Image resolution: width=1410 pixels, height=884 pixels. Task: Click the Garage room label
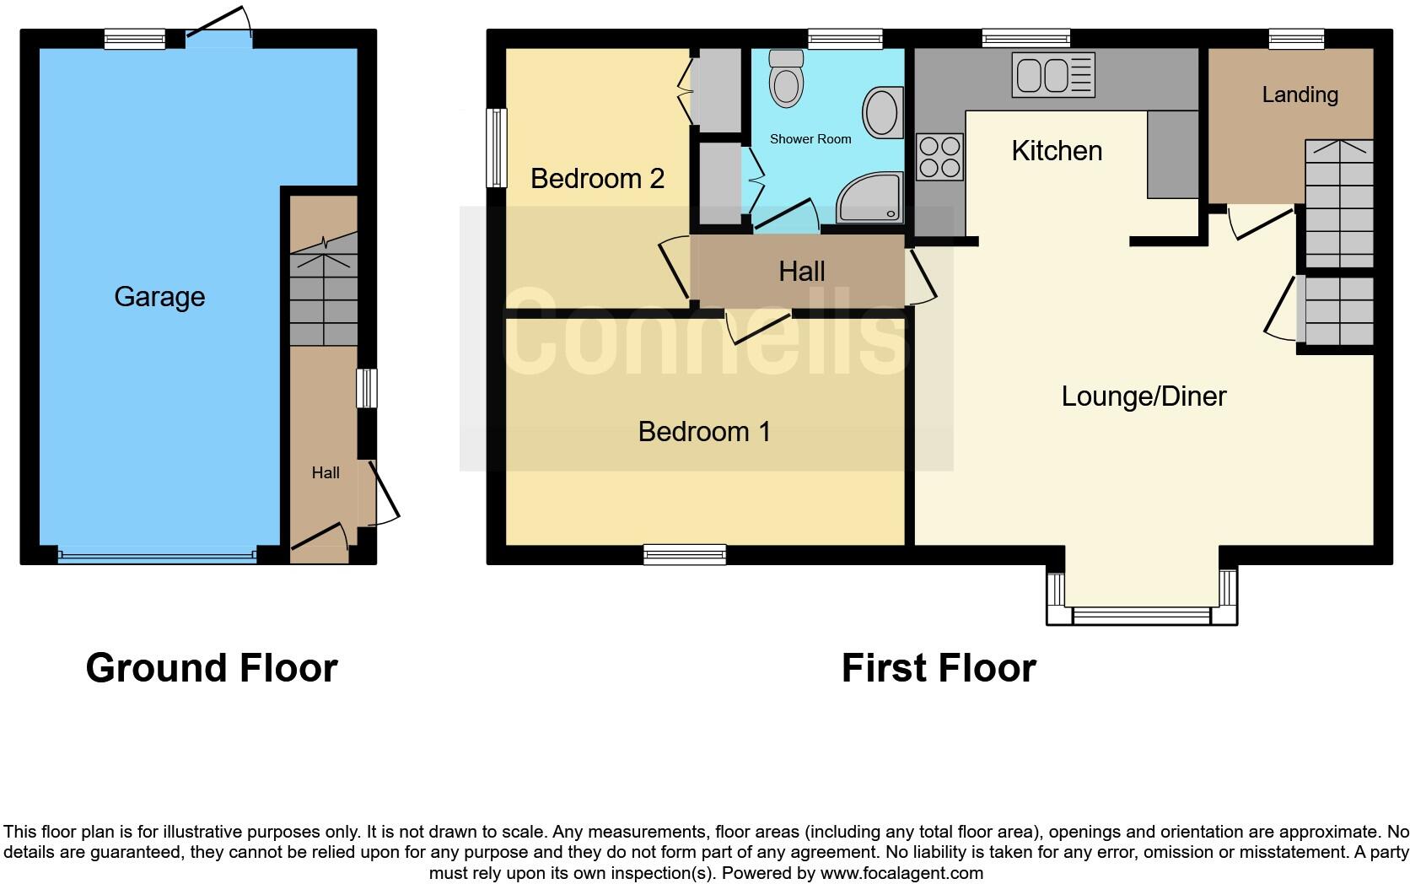tap(159, 297)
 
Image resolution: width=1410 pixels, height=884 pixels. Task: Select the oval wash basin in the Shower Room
tap(881, 112)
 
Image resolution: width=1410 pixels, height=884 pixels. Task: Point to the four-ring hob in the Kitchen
tap(939, 157)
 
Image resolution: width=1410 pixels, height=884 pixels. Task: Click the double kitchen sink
tap(1053, 75)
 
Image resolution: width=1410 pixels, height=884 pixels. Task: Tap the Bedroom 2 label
tap(597, 179)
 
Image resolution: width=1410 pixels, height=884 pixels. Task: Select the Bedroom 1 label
tap(704, 432)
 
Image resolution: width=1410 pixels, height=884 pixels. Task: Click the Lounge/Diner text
tap(1143, 396)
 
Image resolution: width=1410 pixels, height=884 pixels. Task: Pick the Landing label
tap(1300, 94)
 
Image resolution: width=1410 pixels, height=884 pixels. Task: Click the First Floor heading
tap(938, 668)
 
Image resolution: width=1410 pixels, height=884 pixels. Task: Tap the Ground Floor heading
tap(212, 668)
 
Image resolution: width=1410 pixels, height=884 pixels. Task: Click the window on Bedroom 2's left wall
tap(497, 148)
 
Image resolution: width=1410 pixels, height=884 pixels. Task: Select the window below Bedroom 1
tap(684, 554)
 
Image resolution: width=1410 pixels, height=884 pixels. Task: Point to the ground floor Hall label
tap(326, 473)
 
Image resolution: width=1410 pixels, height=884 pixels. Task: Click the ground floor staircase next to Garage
tap(324, 291)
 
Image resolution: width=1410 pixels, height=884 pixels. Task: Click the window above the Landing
tap(1296, 38)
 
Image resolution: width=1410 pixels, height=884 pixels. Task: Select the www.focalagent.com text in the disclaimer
tap(901, 873)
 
